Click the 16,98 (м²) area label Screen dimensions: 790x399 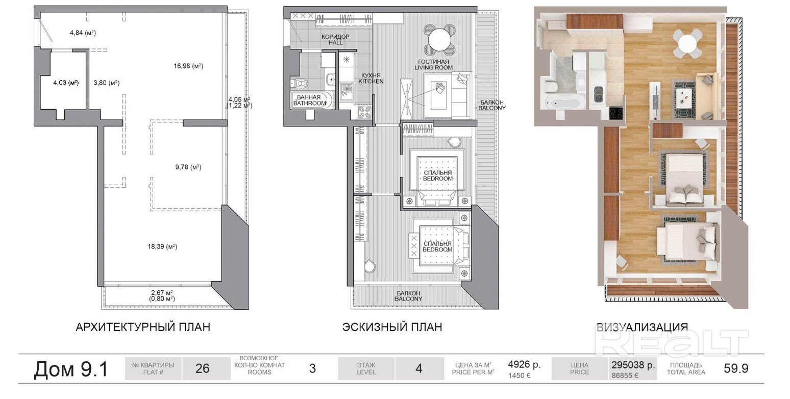click(188, 66)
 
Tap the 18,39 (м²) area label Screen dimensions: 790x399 click(162, 247)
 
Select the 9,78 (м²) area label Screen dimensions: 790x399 click(188, 167)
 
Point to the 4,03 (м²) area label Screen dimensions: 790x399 click(66, 83)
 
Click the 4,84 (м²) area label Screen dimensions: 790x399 click(83, 33)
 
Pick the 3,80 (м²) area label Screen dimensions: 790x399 click(107, 83)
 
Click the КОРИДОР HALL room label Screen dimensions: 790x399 click(335, 39)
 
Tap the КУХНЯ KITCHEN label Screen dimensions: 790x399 click(371, 78)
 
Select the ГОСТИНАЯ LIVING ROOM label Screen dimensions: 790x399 click(433, 64)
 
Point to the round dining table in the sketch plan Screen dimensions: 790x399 click(439, 39)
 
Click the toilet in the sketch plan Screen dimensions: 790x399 click(301, 83)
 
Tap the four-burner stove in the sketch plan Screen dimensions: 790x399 click(365, 113)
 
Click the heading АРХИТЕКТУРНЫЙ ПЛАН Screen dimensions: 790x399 click(143, 327)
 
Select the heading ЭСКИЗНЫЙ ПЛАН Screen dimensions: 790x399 click(392, 327)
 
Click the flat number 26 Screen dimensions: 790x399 click(203, 369)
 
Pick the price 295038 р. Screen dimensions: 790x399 click(633, 365)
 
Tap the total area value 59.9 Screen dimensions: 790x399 click(736, 369)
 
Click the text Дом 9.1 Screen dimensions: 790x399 click(71, 369)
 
